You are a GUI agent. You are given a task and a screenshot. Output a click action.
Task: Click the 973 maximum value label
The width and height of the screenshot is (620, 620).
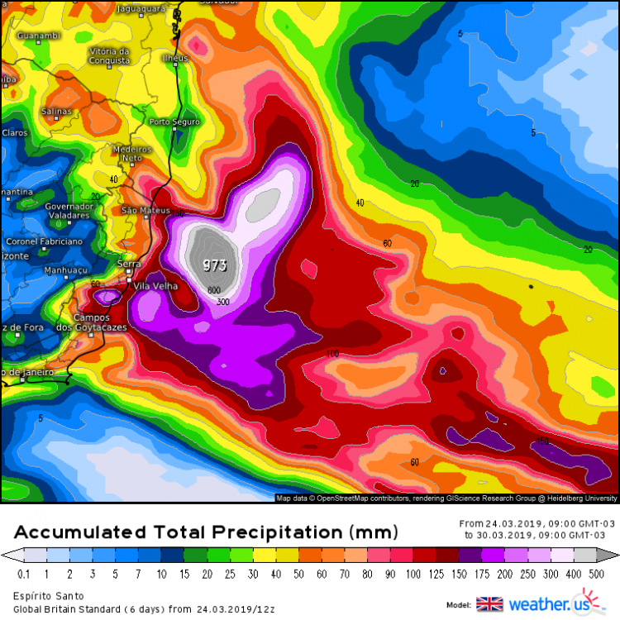[214, 265]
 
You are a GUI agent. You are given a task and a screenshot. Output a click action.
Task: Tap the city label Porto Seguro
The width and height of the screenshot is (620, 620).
[174, 122]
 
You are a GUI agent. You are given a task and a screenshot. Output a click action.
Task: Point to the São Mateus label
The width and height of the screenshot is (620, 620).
[139, 211]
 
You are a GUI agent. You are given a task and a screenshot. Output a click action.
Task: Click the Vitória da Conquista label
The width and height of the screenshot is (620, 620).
[108, 55]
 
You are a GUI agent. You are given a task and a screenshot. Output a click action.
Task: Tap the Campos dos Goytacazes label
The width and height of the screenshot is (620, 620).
[97, 322]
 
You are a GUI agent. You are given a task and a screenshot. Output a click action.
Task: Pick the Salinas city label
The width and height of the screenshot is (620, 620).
[56, 111]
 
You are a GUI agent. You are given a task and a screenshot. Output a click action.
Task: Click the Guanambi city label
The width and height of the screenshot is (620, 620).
[38, 36]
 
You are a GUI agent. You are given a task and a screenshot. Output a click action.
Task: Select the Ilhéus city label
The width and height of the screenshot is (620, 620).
[175, 58]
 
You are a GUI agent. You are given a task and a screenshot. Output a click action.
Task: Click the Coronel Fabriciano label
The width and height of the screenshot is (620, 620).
[44, 241]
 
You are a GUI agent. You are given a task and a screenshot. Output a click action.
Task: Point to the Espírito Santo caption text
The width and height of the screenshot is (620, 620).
[46, 595]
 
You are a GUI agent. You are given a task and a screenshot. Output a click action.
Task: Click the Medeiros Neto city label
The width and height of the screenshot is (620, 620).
[132, 153]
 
